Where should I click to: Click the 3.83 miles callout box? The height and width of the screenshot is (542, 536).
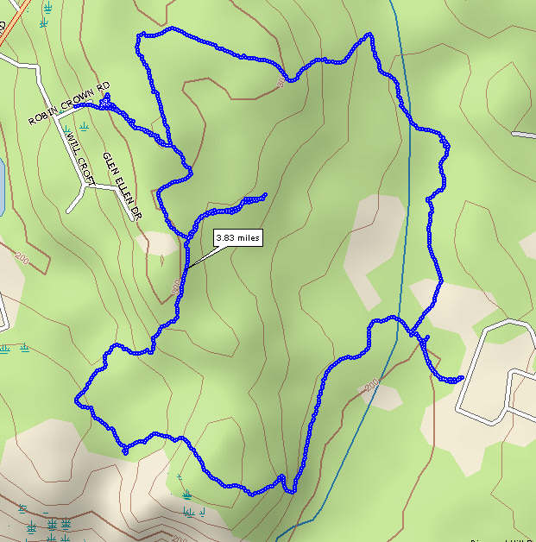tap(237, 237)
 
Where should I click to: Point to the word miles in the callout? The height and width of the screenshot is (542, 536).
tap(247, 237)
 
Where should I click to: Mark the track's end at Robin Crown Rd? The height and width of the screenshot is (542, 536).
tap(106, 98)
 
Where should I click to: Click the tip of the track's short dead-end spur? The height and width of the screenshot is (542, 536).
tap(265, 195)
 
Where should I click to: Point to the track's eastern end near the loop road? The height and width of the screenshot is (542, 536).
tap(462, 378)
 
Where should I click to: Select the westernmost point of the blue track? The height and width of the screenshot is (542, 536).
tap(77, 400)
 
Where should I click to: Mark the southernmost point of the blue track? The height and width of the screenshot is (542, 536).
tap(293, 492)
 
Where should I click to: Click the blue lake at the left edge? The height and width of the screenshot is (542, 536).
tap(2, 186)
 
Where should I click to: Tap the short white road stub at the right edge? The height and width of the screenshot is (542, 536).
tap(524, 135)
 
